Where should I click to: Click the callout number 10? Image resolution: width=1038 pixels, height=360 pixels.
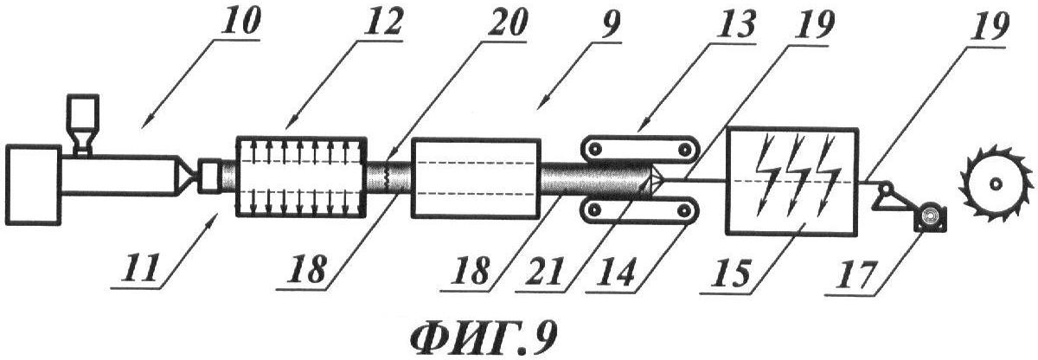[x=240, y=22]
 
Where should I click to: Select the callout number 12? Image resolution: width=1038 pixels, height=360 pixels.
[x=381, y=22]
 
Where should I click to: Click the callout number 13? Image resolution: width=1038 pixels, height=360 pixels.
[x=736, y=22]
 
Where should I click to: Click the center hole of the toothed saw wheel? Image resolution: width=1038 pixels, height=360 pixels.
[x=994, y=184]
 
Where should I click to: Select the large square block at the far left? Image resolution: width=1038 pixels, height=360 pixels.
[x=33, y=184]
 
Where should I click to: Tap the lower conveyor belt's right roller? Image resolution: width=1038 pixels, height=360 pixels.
[x=682, y=211]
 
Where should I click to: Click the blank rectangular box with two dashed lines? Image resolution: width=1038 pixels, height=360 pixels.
[x=476, y=177]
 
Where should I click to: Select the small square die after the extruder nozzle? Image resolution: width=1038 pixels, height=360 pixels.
[x=209, y=176]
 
